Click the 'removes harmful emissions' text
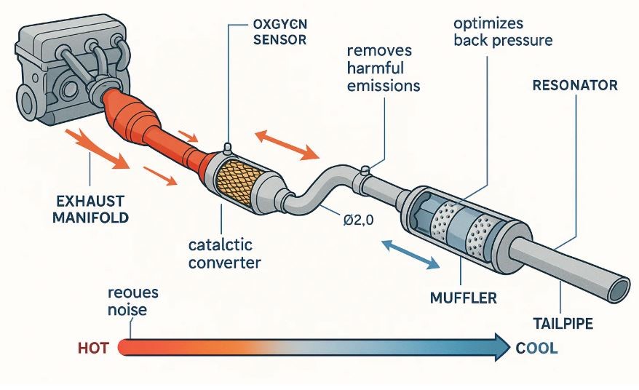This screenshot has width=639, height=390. (384, 68)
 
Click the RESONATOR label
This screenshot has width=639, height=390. (575, 86)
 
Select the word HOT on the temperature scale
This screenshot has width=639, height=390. (92, 348)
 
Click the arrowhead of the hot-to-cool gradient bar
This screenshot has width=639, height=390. (501, 347)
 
